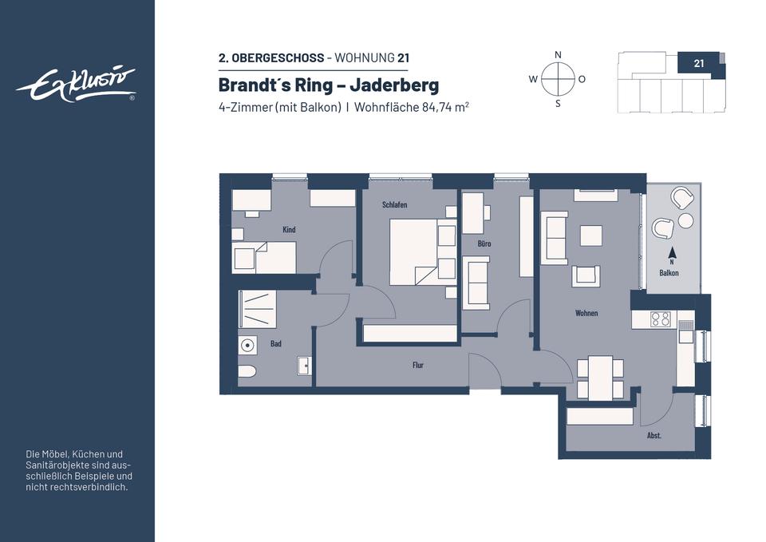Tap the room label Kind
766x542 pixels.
[x=289, y=229]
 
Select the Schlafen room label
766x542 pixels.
[x=394, y=205]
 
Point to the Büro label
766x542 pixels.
[x=484, y=243]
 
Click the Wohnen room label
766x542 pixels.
[x=586, y=313]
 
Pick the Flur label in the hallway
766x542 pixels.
[x=417, y=365]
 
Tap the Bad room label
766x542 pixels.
[x=275, y=343]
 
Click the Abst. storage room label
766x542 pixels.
[x=654, y=436]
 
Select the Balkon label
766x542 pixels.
[x=669, y=273]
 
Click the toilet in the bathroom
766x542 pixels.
[x=247, y=371]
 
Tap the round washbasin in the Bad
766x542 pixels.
[x=248, y=346]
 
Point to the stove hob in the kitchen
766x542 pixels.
[x=661, y=319]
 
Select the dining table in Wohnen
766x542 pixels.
[x=600, y=378]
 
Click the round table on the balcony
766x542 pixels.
[x=685, y=221]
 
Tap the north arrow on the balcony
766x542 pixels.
[x=672, y=253]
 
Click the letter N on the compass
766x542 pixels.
[x=558, y=55]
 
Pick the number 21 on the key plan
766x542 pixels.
[x=699, y=63]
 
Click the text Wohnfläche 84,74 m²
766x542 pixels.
[x=412, y=107]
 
